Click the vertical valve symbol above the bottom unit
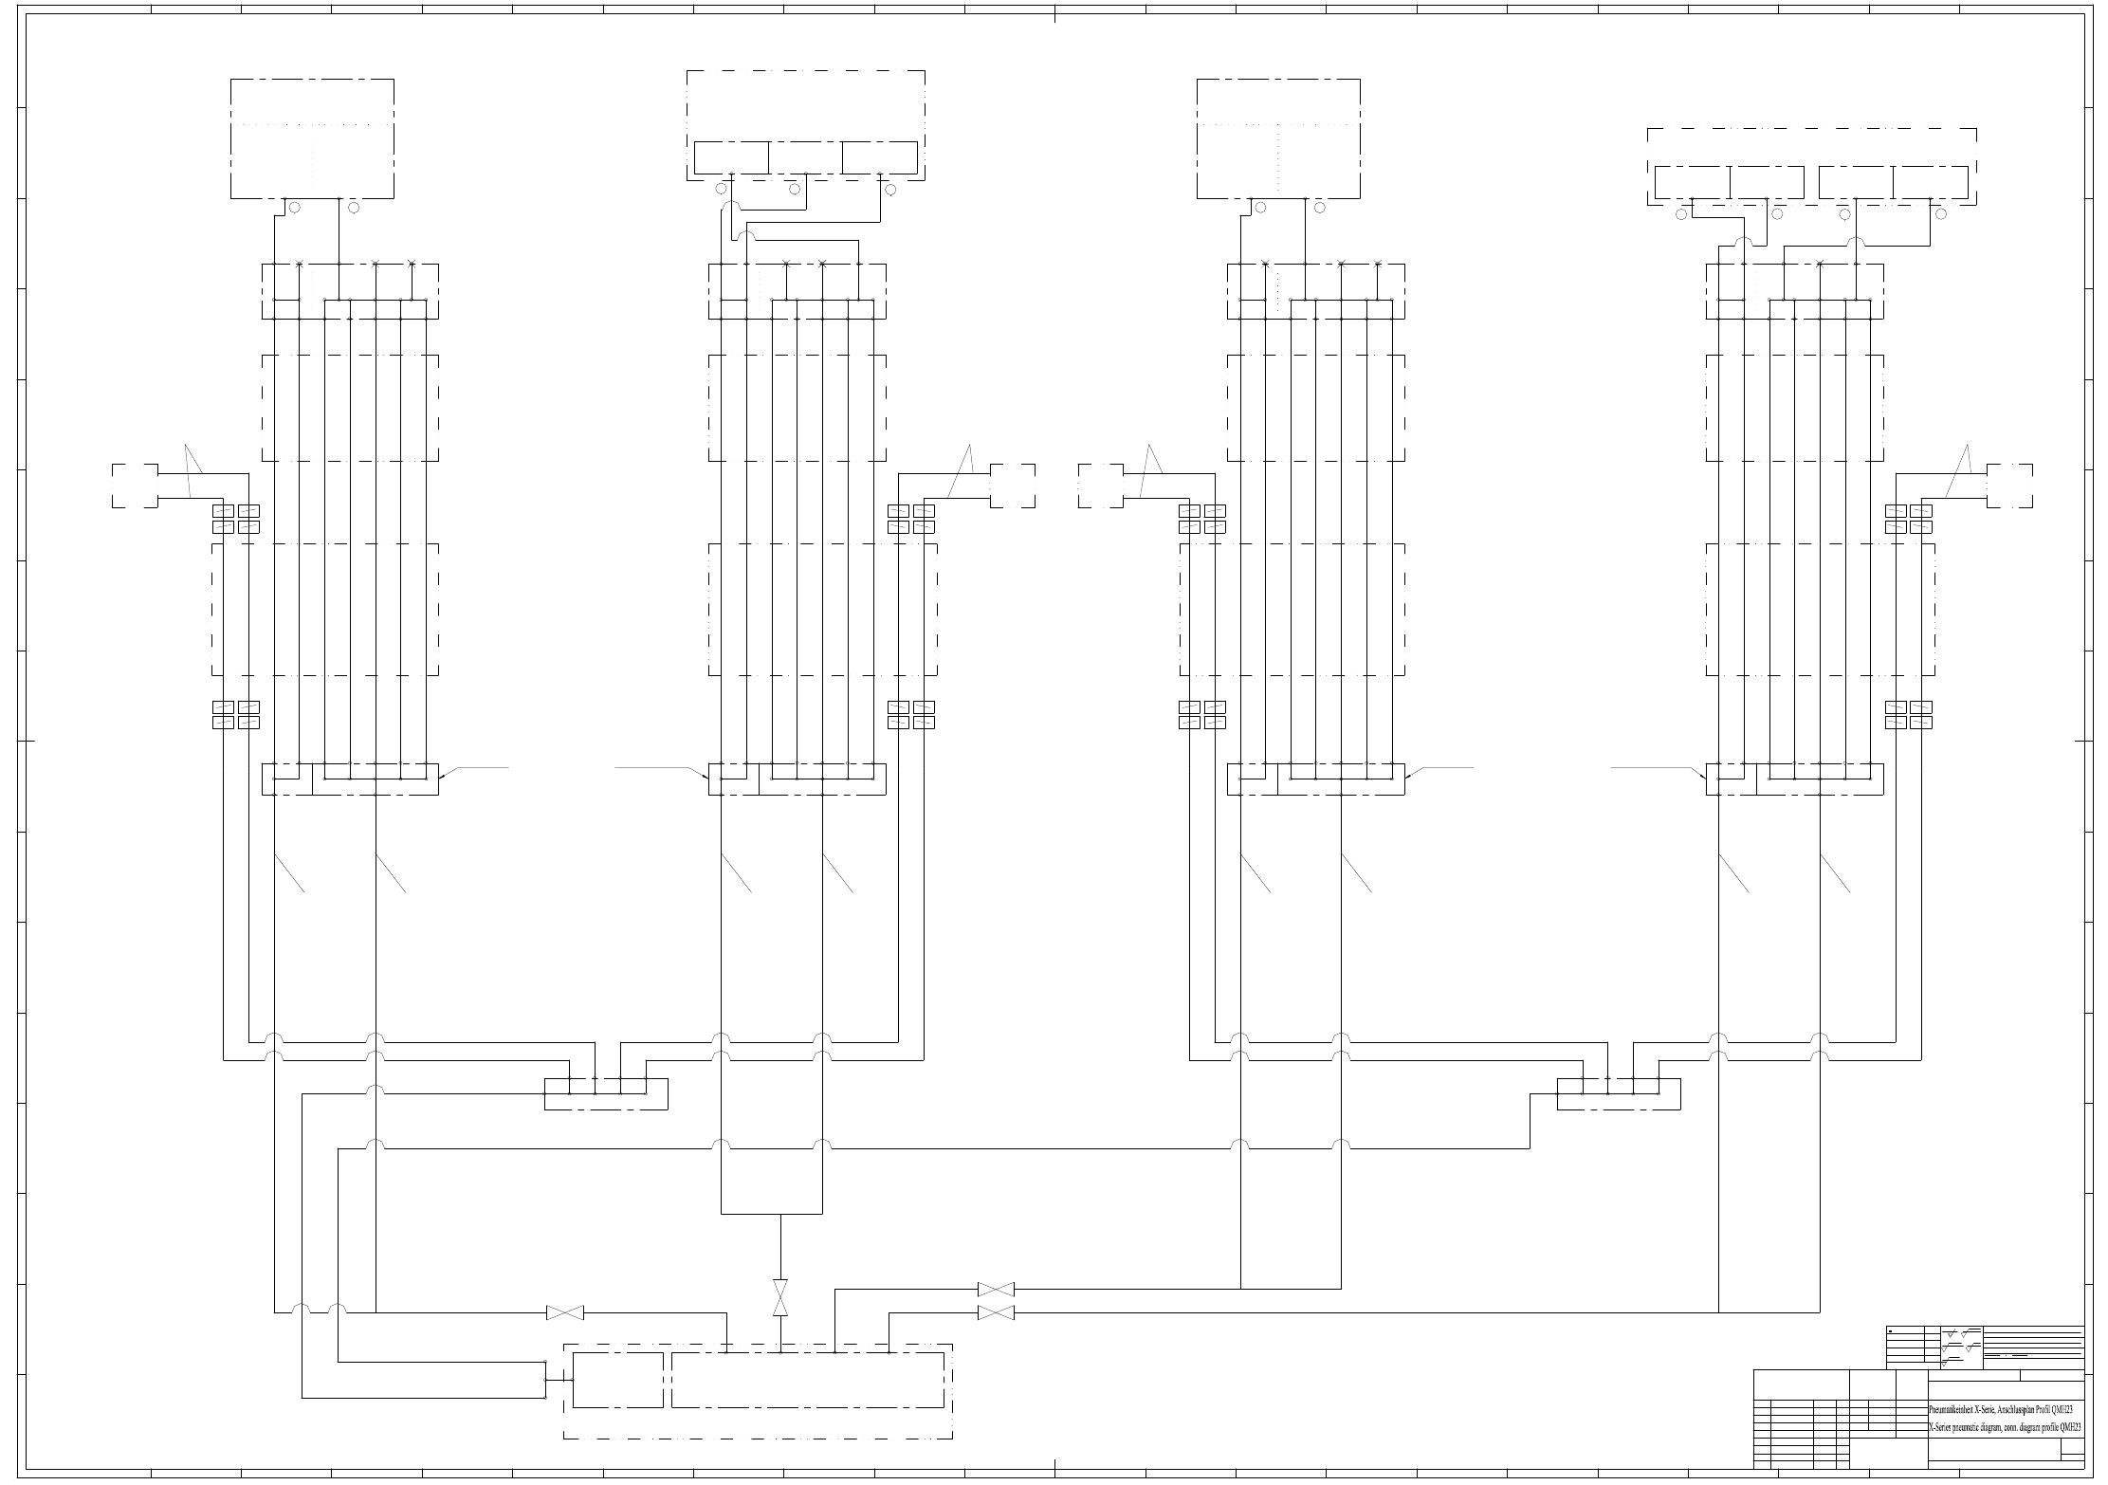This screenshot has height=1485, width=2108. coord(780,1297)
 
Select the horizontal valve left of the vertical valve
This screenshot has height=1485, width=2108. coord(565,1312)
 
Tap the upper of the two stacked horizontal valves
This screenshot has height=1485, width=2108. coord(996,1289)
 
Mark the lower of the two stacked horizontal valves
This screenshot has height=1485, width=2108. coord(996,1312)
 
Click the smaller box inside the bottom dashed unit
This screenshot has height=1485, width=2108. coord(618,1380)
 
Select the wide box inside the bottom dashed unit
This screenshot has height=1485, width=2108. coord(808,1380)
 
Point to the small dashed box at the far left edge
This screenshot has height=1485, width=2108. coord(135,486)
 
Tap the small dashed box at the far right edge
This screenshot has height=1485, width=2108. coord(2009,486)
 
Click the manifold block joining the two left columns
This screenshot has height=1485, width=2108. coord(606,1093)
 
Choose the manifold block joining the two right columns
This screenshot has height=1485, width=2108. coord(1619,1093)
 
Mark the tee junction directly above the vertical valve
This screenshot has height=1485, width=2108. coord(780,1214)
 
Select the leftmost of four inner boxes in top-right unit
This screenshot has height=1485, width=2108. coord(1692,183)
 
